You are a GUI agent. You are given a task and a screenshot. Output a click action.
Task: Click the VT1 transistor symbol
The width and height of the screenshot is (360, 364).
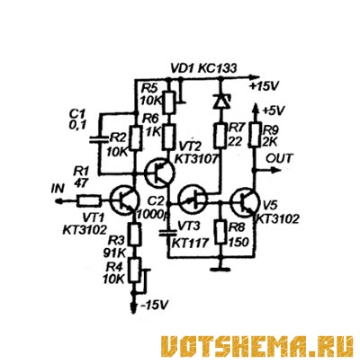tap(124, 200)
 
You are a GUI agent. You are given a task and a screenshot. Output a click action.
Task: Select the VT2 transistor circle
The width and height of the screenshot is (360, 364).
tap(159, 173)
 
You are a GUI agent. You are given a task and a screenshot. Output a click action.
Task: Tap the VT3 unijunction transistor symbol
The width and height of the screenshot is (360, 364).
tap(193, 200)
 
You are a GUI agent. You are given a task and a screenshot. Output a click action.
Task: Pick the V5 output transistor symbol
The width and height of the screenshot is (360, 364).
tap(245, 202)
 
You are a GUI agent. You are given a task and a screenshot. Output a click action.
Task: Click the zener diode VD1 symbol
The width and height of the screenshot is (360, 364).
tap(220, 101)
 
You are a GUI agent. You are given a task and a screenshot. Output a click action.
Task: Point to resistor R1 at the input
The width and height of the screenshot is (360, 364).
tap(88, 200)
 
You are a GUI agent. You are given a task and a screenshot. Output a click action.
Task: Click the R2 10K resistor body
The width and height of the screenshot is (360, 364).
tap(135, 138)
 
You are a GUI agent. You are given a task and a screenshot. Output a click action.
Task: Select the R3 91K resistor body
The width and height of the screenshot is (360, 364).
tap(135, 235)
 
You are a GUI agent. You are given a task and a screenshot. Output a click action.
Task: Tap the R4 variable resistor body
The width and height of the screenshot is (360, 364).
tap(135, 271)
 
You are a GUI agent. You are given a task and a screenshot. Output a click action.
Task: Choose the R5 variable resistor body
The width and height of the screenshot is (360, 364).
tap(169, 102)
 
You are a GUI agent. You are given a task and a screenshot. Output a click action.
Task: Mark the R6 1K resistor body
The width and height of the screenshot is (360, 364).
tap(168, 138)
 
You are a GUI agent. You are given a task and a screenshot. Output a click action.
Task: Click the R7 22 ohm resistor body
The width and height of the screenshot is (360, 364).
tap(220, 136)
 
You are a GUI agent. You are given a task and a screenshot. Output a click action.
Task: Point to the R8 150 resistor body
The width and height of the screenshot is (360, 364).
tap(220, 232)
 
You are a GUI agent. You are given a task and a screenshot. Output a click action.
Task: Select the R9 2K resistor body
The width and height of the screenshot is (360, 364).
tap(255, 136)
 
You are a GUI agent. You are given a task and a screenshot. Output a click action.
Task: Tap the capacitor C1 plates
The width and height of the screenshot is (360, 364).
tap(99, 139)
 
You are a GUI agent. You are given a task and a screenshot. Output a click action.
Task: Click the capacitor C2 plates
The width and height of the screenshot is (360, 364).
tap(168, 233)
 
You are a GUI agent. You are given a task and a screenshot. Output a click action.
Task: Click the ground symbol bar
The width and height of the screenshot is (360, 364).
tap(220, 270)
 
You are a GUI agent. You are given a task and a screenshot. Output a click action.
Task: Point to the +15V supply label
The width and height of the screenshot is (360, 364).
tap(264, 87)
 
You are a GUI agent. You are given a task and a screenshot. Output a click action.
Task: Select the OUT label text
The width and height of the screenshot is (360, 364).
tap(279, 158)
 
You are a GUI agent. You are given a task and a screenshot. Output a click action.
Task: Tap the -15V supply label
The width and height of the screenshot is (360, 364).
tap(154, 305)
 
